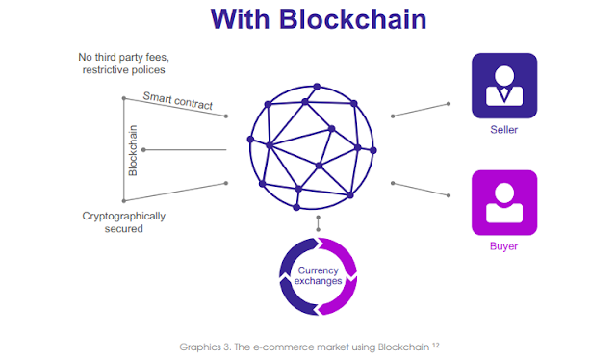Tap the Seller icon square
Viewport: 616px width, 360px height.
pos(503,86)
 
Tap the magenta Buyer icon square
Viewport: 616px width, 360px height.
pos(503,203)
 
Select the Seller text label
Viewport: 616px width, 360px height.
pos(503,130)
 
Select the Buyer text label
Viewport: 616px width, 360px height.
pos(503,246)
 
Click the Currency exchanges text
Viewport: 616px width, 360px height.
pos(318,276)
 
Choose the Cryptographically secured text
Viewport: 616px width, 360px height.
pos(123,222)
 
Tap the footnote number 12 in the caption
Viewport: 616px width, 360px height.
pos(435,343)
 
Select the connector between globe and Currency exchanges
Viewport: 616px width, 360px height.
pos(318,224)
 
